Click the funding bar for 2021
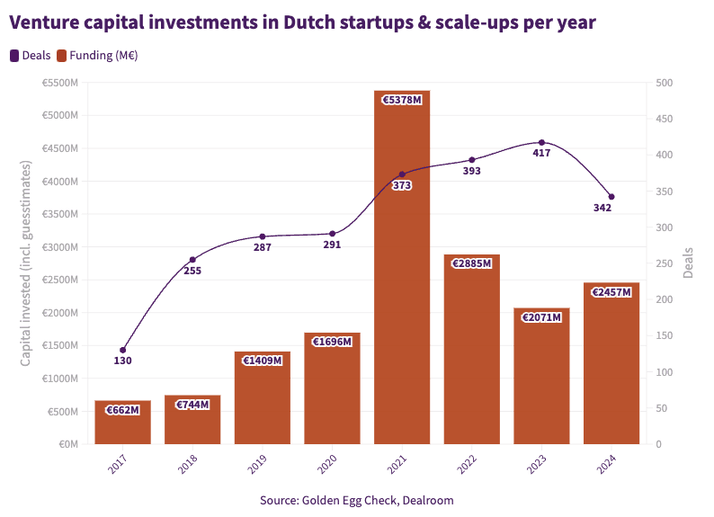402,270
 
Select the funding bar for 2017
122,423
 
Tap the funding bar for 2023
541,378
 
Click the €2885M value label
471,263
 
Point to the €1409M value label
262,361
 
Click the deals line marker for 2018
192,260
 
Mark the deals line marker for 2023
541,142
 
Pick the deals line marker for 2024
611,197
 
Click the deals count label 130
123,361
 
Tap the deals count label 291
332,245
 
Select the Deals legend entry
31,55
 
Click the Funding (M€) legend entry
97,55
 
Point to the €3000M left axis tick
59,246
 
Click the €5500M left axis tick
59,83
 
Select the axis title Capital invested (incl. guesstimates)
26,263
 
